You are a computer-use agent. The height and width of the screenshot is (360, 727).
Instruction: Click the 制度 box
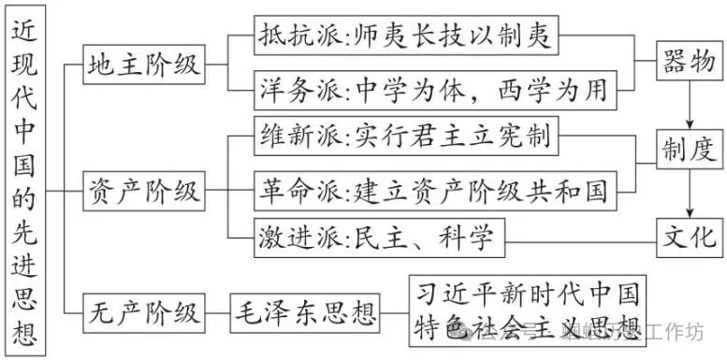click(690, 147)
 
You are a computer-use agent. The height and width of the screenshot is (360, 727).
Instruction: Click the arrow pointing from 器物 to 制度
click(691, 105)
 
